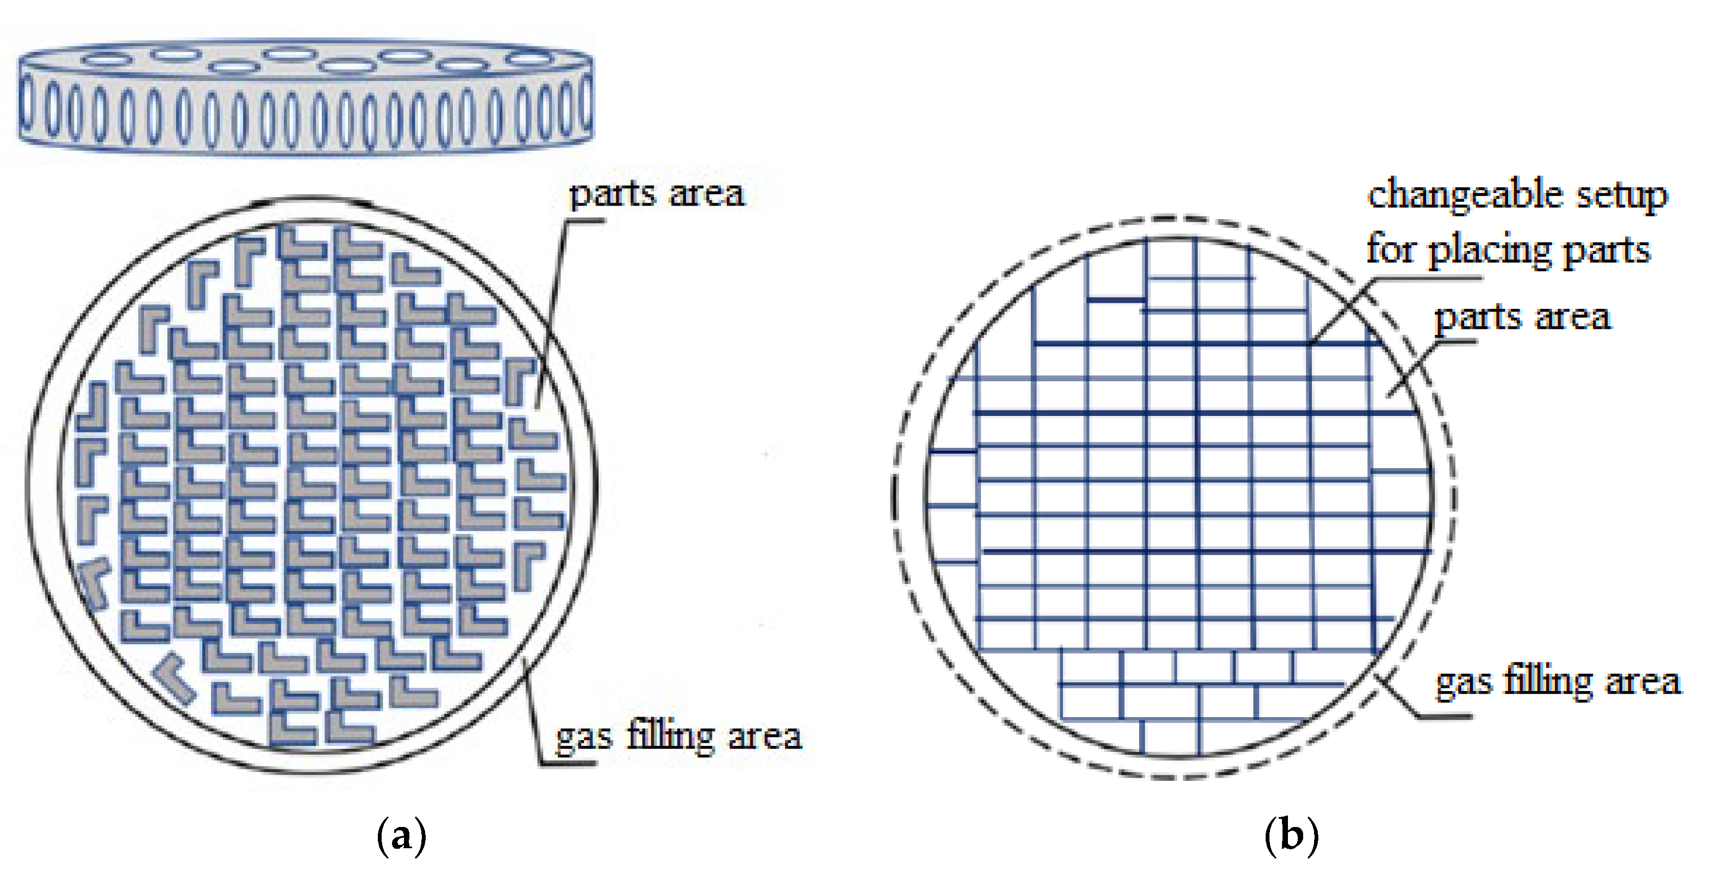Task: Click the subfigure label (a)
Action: point(401,836)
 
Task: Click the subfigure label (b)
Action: point(1291,836)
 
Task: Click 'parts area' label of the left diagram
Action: point(657,194)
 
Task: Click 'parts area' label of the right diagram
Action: point(1522,316)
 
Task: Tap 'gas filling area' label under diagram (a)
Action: point(678,737)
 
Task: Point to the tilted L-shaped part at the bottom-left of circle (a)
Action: point(174,676)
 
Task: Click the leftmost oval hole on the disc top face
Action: point(107,60)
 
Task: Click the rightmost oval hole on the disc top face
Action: point(528,59)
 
